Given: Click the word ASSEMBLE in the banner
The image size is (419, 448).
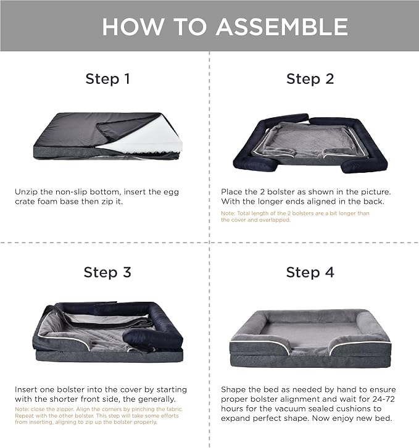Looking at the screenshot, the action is point(282,27).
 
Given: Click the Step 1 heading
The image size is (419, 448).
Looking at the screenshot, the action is point(108,79).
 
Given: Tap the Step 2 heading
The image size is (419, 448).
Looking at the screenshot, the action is point(310,79).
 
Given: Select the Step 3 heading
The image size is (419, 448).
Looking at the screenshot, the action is point(107,272).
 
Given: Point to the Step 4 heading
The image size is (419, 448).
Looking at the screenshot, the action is point(310,272).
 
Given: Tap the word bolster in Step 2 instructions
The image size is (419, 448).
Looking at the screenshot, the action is point(286,192).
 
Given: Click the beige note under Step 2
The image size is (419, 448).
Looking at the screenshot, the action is point(295,217).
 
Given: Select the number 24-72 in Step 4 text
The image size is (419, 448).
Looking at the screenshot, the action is point(384,399).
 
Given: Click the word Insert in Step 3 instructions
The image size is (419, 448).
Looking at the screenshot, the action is point(26,390).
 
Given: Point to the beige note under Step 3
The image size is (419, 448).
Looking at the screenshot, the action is point(99,416).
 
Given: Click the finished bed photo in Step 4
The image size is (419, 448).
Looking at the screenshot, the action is point(310,339).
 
